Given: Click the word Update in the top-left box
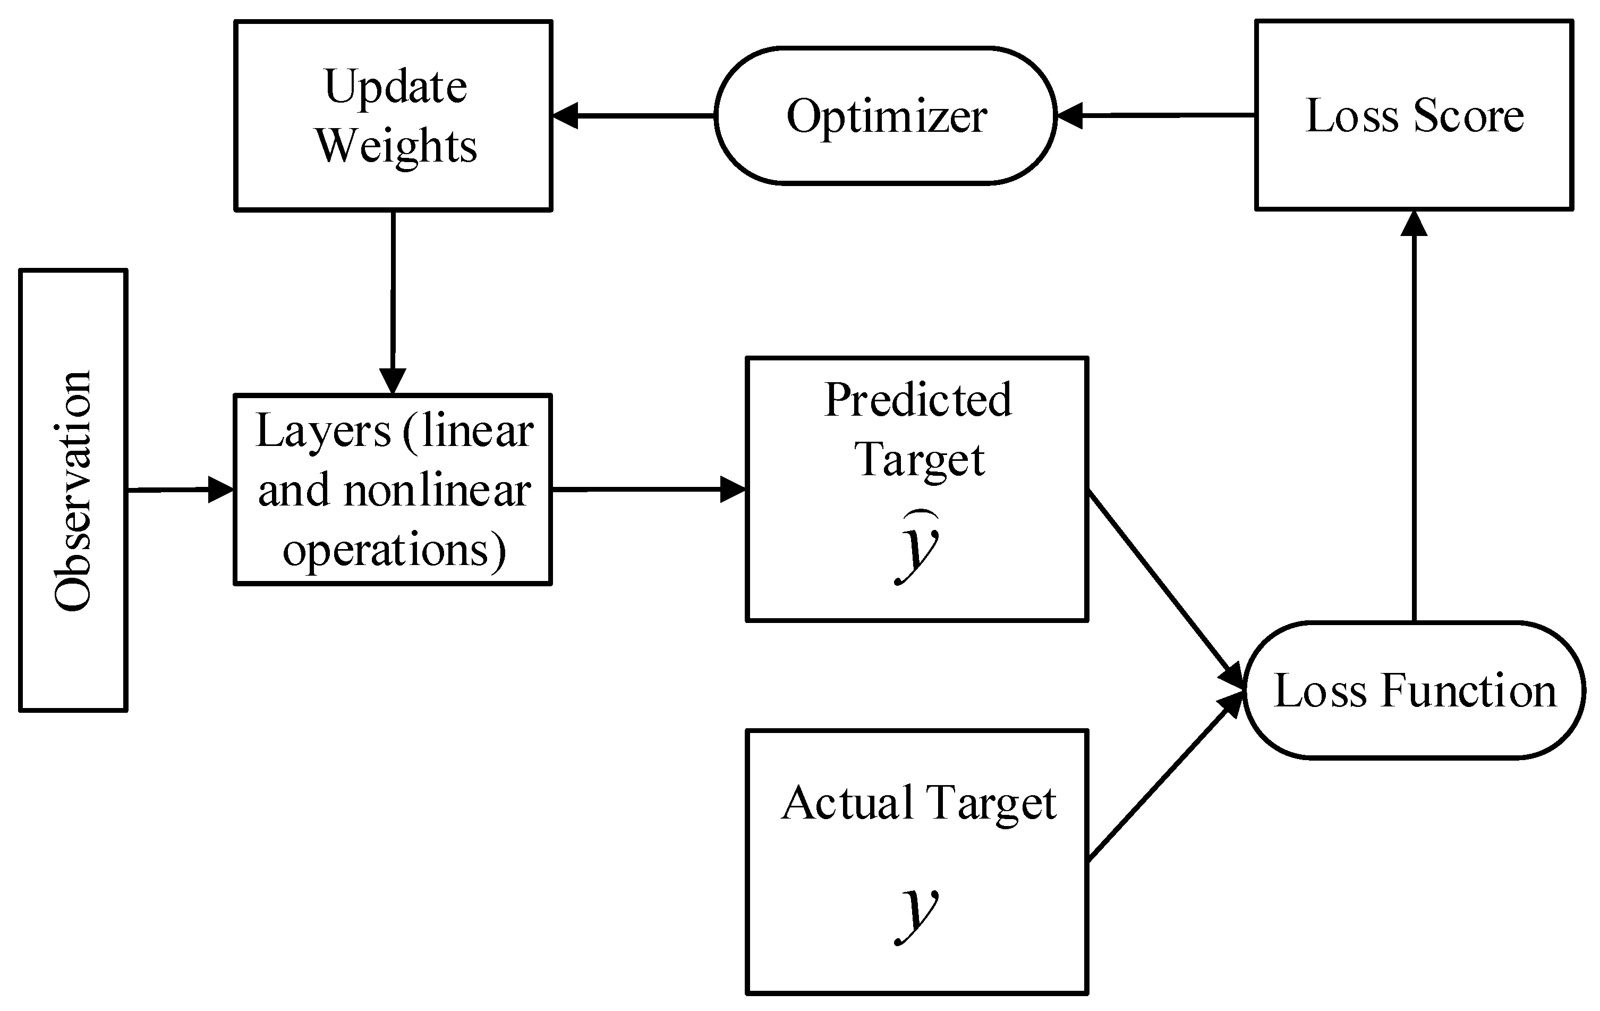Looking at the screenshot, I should [395, 88].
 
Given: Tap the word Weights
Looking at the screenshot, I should [396, 146].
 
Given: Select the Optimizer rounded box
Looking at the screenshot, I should [885, 116].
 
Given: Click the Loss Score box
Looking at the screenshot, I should [1414, 116].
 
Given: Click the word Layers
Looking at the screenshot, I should [324, 433].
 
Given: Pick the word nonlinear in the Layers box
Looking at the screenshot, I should [437, 491].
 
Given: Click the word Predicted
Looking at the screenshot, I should [917, 401].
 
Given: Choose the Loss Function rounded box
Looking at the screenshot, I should [1414, 690].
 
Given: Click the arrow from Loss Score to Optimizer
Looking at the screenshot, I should [1156, 116].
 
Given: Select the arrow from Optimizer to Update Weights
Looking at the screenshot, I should [633, 116].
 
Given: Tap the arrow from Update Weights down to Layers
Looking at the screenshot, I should [393, 302].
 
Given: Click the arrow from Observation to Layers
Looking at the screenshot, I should [180, 490].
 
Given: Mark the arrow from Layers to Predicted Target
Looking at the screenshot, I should [649, 490].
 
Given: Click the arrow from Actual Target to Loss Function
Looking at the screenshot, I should [1164, 778].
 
